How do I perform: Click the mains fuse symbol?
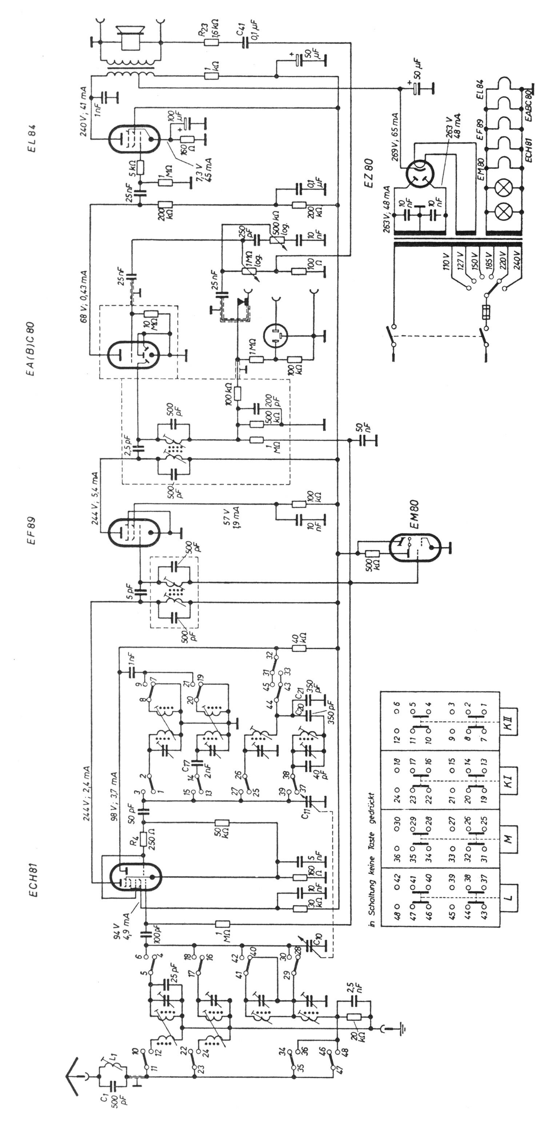point(485,312)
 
